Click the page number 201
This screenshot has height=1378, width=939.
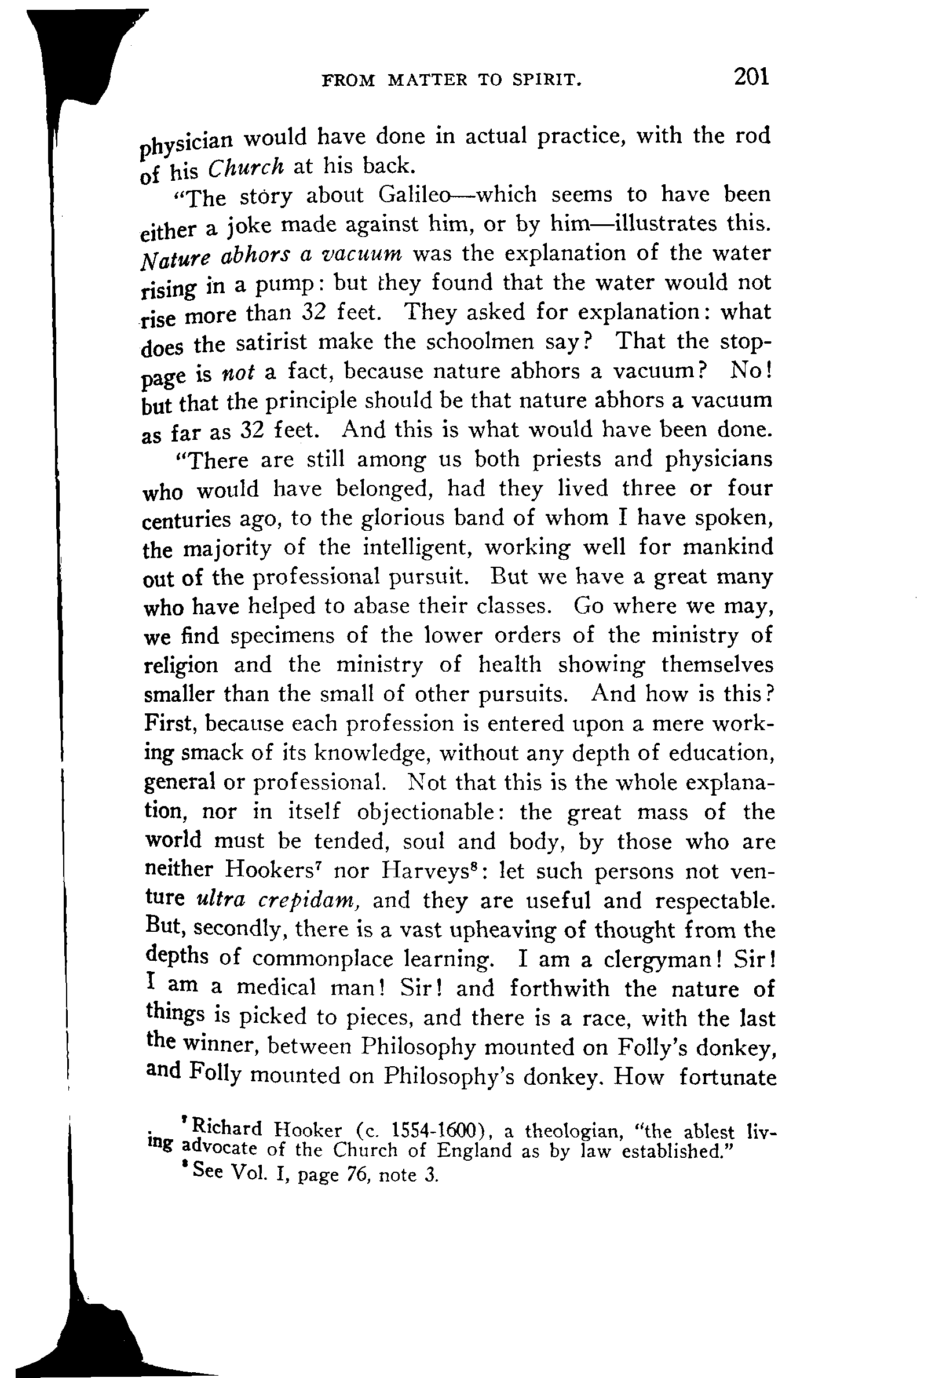pyautogui.click(x=751, y=77)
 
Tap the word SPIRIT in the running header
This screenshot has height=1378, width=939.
pyautogui.click(x=546, y=80)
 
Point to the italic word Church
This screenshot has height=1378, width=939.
pyautogui.click(x=246, y=168)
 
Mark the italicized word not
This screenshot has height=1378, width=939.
pyautogui.click(x=238, y=373)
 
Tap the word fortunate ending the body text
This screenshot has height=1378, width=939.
pyautogui.click(x=728, y=1077)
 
